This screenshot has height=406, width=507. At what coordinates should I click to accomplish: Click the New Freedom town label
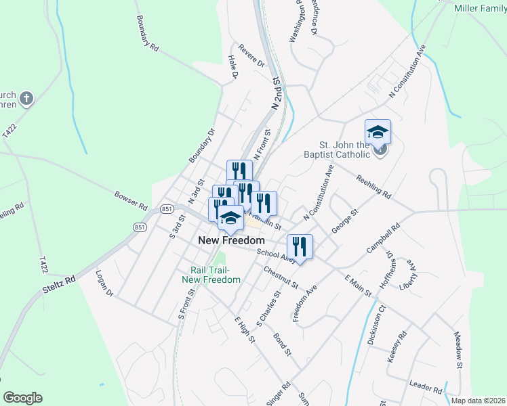coord(231,240)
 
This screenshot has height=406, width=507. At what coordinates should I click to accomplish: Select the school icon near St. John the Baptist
coord(378,131)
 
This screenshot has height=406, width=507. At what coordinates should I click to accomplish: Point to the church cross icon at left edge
coord(26,99)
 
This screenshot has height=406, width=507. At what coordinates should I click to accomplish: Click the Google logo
coord(23,397)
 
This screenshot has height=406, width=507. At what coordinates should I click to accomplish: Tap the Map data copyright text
coord(477,400)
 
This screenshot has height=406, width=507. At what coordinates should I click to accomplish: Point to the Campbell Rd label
coord(380,239)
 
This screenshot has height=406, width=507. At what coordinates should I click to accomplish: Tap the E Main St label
coord(358,286)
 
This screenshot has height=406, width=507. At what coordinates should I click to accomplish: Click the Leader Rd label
coord(426,387)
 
